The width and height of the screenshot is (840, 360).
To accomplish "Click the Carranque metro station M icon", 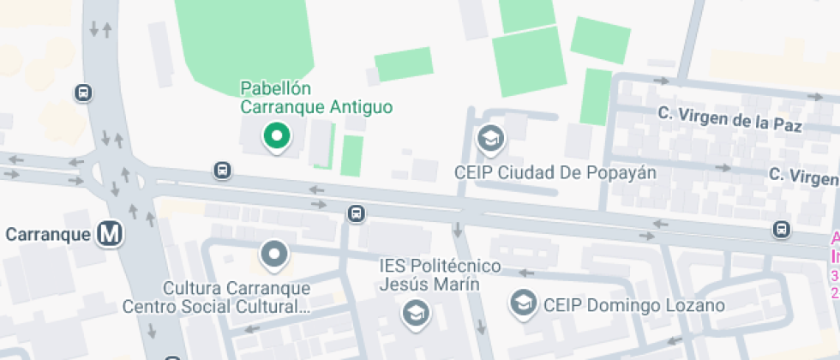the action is tap(109, 233).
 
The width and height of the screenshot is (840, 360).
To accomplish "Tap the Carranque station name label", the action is tap(48, 234).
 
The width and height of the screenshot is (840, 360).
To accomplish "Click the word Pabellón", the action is tap(275, 88).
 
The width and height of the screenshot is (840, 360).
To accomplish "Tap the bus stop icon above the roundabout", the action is tap(83, 93).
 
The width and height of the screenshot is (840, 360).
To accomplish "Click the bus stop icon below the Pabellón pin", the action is tap(223, 171).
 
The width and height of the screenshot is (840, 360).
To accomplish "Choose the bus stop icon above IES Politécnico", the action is tap(356, 213).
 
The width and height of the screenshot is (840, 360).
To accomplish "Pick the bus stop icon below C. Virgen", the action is tap(781, 229).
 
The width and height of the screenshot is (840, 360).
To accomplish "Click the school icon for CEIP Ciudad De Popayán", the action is tap(491, 138).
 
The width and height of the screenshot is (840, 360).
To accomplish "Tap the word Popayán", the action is tap(621, 172).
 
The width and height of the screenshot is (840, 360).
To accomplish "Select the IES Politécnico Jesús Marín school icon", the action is tap(416, 315).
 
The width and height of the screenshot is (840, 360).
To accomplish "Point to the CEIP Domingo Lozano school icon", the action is tap(522, 302).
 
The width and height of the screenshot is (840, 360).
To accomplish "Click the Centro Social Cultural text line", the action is tap(215, 306).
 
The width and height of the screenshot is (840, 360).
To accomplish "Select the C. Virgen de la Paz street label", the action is tap(729, 118).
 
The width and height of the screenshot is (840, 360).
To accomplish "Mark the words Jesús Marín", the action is tap(429, 285).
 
